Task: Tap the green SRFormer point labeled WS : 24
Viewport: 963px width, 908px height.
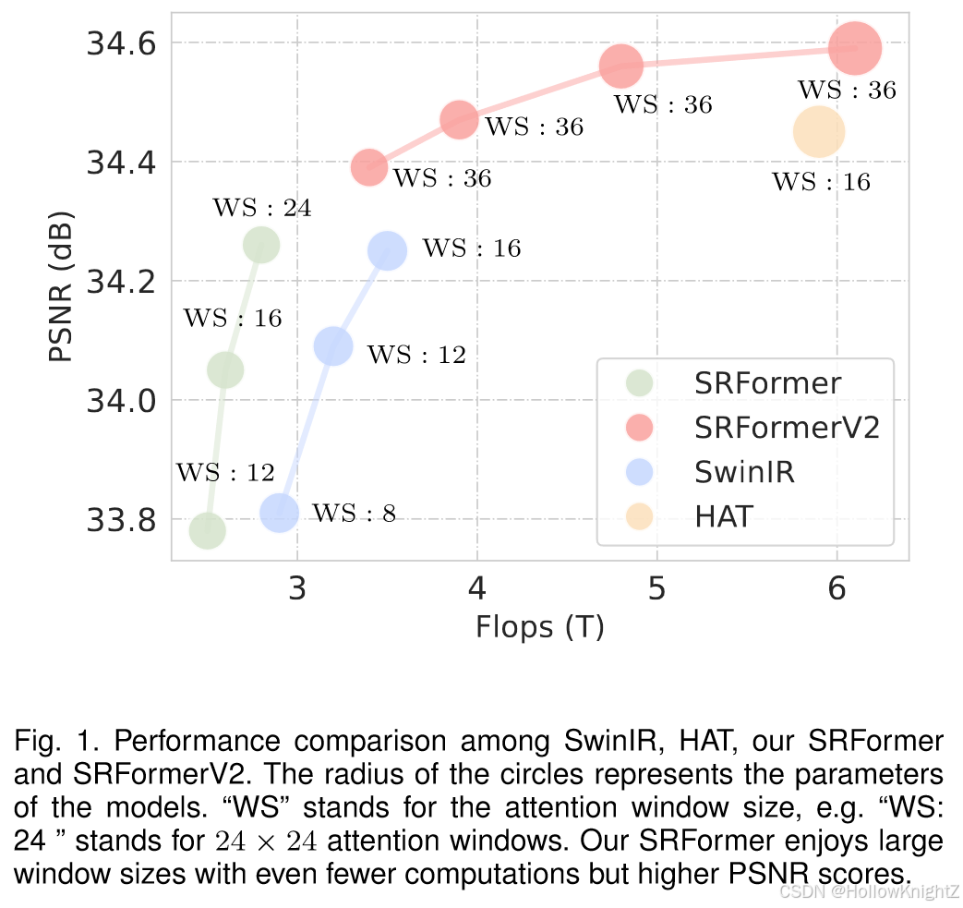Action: point(261,245)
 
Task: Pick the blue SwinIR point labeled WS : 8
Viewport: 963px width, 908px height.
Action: point(280,513)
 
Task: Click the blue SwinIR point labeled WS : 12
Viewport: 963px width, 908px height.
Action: point(333,346)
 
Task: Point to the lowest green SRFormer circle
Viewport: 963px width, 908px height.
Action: point(208,531)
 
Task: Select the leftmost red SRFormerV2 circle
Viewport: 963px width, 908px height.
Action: point(369,167)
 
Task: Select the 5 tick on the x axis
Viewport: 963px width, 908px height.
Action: point(656,589)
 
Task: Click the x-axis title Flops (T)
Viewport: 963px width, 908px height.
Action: point(539,627)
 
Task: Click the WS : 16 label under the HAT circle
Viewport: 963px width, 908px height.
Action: point(821,182)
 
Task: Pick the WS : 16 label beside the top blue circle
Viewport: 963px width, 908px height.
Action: point(471,248)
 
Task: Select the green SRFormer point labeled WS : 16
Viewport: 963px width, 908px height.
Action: point(224,370)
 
